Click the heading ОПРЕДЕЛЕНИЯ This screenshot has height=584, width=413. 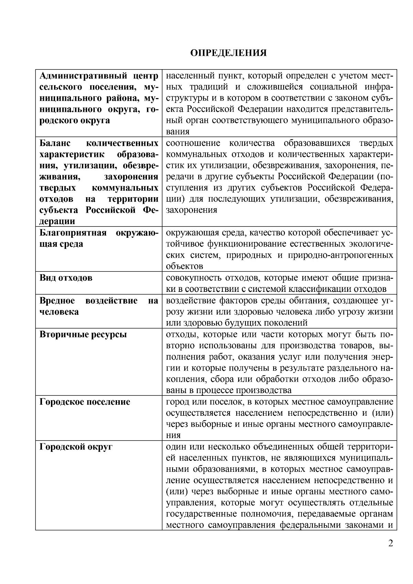(229, 53)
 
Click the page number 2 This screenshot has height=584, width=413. (390, 544)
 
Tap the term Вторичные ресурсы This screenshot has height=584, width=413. (83, 335)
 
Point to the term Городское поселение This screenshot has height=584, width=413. (85, 402)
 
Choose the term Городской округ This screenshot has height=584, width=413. (76, 447)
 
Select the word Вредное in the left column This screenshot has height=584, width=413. (57, 301)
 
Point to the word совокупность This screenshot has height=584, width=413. (194, 278)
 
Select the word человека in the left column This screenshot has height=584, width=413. (59, 312)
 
